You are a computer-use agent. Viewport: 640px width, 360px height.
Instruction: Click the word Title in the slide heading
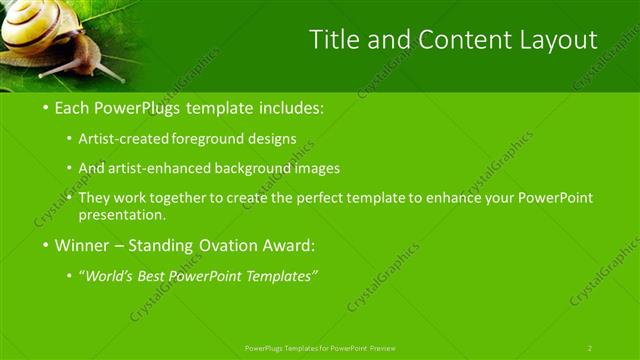tap(332, 40)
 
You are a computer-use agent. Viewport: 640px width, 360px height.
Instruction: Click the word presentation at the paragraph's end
tap(125, 214)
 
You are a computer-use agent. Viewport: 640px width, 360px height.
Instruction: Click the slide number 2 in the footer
tap(589, 347)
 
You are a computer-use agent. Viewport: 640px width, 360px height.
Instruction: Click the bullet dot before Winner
tap(46, 245)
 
